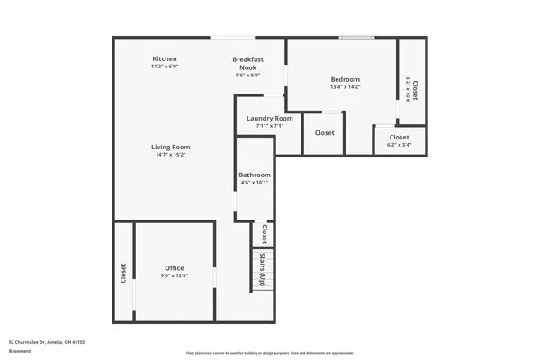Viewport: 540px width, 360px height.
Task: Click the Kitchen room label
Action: (164, 58)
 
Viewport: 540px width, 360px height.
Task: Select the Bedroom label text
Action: (345, 79)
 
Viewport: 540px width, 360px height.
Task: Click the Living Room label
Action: (169, 147)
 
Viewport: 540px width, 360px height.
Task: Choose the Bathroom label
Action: (255, 175)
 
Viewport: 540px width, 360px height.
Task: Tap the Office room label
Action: (174, 268)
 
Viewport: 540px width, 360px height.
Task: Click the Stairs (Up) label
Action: (262, 268)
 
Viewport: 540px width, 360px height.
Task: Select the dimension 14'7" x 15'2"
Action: (169, 156)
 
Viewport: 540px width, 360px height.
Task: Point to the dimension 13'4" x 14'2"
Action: (345, 87)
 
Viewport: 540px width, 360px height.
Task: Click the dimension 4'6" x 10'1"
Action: (255, 183)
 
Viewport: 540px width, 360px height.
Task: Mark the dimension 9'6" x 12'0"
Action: (174, 276)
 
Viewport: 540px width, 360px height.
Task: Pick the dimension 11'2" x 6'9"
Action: (164, 67)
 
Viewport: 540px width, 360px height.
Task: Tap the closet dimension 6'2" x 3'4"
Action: (399, 145)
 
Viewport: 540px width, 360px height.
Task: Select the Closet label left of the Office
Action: (123, 273)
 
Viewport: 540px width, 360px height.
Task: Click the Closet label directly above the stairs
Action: (264, 234)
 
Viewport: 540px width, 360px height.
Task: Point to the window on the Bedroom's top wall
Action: (356, 37)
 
